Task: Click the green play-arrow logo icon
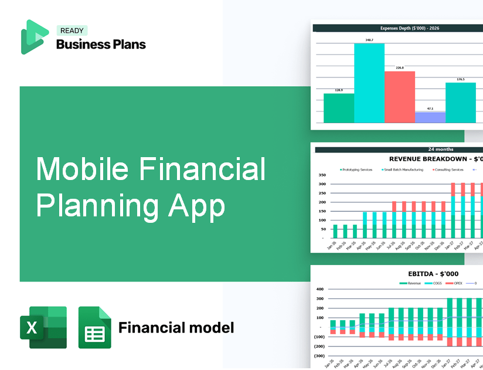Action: click(34, 37)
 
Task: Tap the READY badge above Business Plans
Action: click(72, 30)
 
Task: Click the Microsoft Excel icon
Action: click(43, 327)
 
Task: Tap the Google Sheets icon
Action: click(94, 327)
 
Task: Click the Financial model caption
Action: click(176, 327)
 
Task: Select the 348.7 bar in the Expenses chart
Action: click(369, 83)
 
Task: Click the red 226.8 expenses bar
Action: click(399, 97)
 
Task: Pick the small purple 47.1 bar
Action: click(430, 117)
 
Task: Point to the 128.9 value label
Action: click(338, 90)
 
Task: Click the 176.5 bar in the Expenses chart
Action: click(460, 103)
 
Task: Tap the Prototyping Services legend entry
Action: click(356, 169)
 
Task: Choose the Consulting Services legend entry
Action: click(448, 169)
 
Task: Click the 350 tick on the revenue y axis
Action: click(322, 175)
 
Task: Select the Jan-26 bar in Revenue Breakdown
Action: click(335, 231)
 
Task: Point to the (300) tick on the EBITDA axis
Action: click(319, 356)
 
